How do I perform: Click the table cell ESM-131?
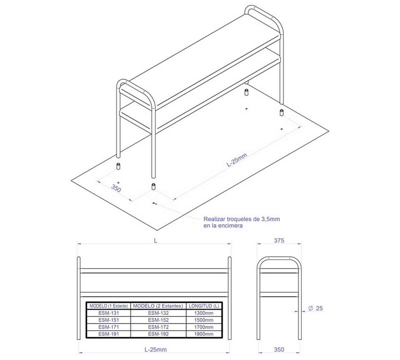coord(108,313)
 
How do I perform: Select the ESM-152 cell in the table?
coord(158,320)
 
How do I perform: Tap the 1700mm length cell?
coord(204,327)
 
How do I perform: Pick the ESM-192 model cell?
coord(158,334)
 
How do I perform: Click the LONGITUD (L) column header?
coord(204,306)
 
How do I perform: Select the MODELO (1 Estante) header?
coord(108,306)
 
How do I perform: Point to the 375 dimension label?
coord(279,241)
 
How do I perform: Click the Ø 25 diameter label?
coord(315,308)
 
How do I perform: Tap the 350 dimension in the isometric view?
coord(116,188)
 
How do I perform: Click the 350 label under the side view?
coord(279,349)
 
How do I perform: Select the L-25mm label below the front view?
coord(156,349)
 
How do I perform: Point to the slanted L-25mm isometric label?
coord(237,160)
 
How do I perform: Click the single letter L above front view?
coord(156,241)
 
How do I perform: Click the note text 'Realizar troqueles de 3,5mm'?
coord(242,219)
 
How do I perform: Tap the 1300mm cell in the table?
coord(204,313)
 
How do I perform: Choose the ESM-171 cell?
coord(108,327)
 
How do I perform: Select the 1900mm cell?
coord(204,334)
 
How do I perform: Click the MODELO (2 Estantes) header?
coord(158,306)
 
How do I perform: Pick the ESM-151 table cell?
coord(108,320)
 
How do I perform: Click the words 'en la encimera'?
coord(223,226)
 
